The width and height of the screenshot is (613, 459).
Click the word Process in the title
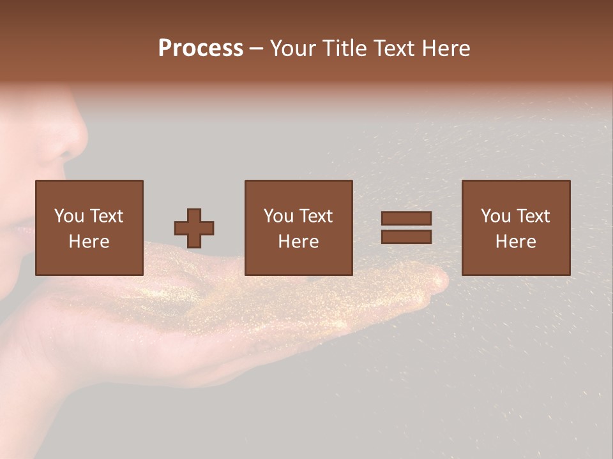click(x=201, y=48)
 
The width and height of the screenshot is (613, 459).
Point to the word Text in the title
click(x=395, y=48)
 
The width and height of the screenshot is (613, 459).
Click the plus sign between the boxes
click(x=194, y=228)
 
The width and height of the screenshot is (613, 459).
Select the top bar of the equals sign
click(x=406, y=218)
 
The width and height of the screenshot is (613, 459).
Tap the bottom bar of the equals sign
click(x=406, y=237)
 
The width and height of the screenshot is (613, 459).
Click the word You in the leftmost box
click(x=69, y=216)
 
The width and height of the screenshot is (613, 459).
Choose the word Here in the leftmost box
click(x=89, y=242)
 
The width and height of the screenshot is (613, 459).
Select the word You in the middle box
click(x=278, y=216)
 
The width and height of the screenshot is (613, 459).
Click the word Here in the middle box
click(x=298, y=242)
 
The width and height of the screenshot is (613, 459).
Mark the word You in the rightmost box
click(x=496, y=216)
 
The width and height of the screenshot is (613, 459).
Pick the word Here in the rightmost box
click(x=515, y=242)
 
